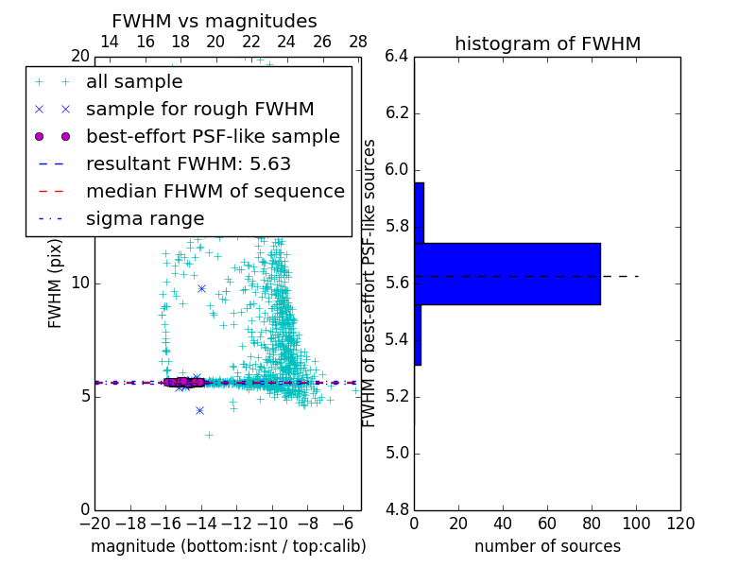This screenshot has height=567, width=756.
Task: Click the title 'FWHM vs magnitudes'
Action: (215, 21)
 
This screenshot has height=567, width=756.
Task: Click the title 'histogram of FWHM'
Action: (547, 43)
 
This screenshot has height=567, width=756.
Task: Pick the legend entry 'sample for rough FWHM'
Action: (199, 110)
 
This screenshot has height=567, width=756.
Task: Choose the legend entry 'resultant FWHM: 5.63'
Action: (188, 164)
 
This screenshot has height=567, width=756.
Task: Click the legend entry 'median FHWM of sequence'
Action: (215, 192)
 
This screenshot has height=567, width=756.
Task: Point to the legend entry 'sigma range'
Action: (145, 219)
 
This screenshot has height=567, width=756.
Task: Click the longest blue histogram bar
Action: (507, 274)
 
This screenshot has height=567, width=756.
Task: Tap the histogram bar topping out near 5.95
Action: (419, 213)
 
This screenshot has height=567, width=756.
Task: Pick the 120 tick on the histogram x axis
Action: (680, 524)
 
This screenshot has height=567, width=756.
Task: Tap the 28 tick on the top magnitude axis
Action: (358, 42)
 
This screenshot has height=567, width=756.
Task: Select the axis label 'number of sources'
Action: (547, 546)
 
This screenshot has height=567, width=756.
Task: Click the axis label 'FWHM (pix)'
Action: (56, 283)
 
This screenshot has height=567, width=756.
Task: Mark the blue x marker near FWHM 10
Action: (201, 288)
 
